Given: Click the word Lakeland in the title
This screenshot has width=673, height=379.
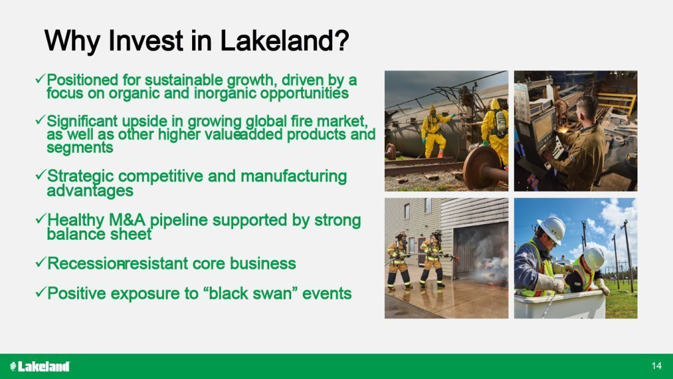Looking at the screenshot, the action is (284, 41).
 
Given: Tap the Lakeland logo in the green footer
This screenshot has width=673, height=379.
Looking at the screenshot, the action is (40, 366).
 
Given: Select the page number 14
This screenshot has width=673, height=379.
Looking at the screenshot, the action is (656, 366).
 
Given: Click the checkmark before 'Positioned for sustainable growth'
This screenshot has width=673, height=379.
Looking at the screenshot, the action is (40, 79).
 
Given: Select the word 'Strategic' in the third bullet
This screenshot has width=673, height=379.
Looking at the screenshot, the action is (80, 176).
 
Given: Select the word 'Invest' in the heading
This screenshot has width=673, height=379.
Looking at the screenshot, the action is (146, 41).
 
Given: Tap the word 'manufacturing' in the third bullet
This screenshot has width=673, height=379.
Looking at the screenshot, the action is (294, 176).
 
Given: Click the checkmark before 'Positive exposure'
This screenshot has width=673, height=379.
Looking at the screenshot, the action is (40, 292).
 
